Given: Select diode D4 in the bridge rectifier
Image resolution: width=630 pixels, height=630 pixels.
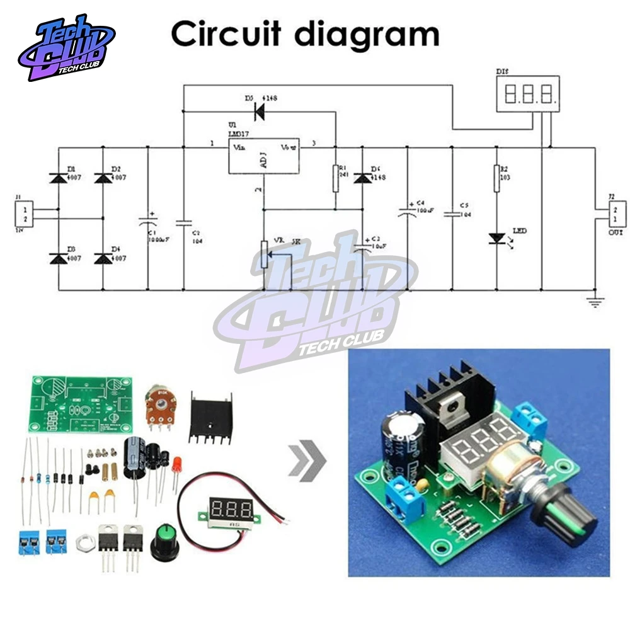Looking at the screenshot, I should (x=103, y=258).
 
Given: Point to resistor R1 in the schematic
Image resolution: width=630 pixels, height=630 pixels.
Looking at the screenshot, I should (x=335, y=178).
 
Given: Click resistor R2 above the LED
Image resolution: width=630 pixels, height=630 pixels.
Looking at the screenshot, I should (x=496, y=177).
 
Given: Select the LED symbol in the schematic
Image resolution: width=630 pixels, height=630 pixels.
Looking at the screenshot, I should (x=496, y=239).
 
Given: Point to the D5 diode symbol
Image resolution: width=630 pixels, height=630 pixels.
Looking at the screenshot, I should (x=258, y=112).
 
